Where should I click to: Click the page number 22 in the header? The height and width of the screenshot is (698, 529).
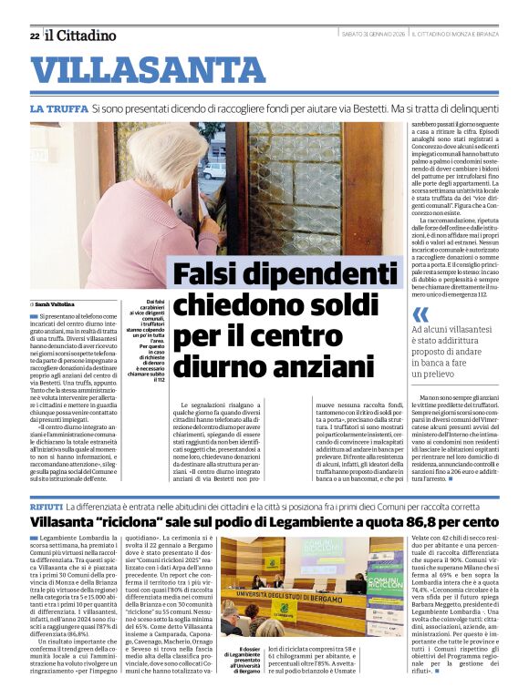34,36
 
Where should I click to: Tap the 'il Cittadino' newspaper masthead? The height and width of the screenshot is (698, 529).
81,36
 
